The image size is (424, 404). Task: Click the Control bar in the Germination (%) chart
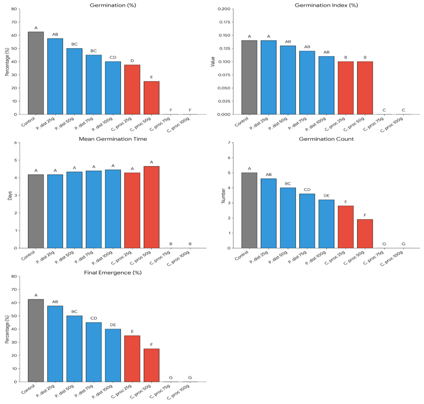coord(36,73)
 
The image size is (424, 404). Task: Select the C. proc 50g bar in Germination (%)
coord(151,98)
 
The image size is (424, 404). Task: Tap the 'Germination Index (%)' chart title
coord(326,5)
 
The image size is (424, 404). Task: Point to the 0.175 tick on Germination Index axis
coord(225,22)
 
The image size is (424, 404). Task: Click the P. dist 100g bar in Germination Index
coord(326,85)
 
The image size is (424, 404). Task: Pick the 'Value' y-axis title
coord(213,62)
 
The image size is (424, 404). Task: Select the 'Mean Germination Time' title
coord(113,139)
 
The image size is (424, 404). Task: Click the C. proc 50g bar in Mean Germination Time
coord(151,207)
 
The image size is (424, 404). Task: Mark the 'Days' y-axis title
coord(10,195)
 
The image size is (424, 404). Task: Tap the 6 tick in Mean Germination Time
coord(15,143)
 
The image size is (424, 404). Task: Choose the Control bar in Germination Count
coord(249,210)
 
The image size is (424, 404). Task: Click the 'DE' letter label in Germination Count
coord(326,195)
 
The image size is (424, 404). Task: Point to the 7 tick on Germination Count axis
coord(229,143)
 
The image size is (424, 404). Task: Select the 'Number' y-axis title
coord(223,195)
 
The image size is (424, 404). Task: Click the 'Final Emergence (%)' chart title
coord(113,272)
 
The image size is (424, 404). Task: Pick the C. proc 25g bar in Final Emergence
coord(132,358)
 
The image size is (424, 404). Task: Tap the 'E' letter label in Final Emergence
coord(132,331)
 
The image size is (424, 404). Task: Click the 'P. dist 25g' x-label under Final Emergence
coord(46,390)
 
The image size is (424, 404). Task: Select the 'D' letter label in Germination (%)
coord(132,60)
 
